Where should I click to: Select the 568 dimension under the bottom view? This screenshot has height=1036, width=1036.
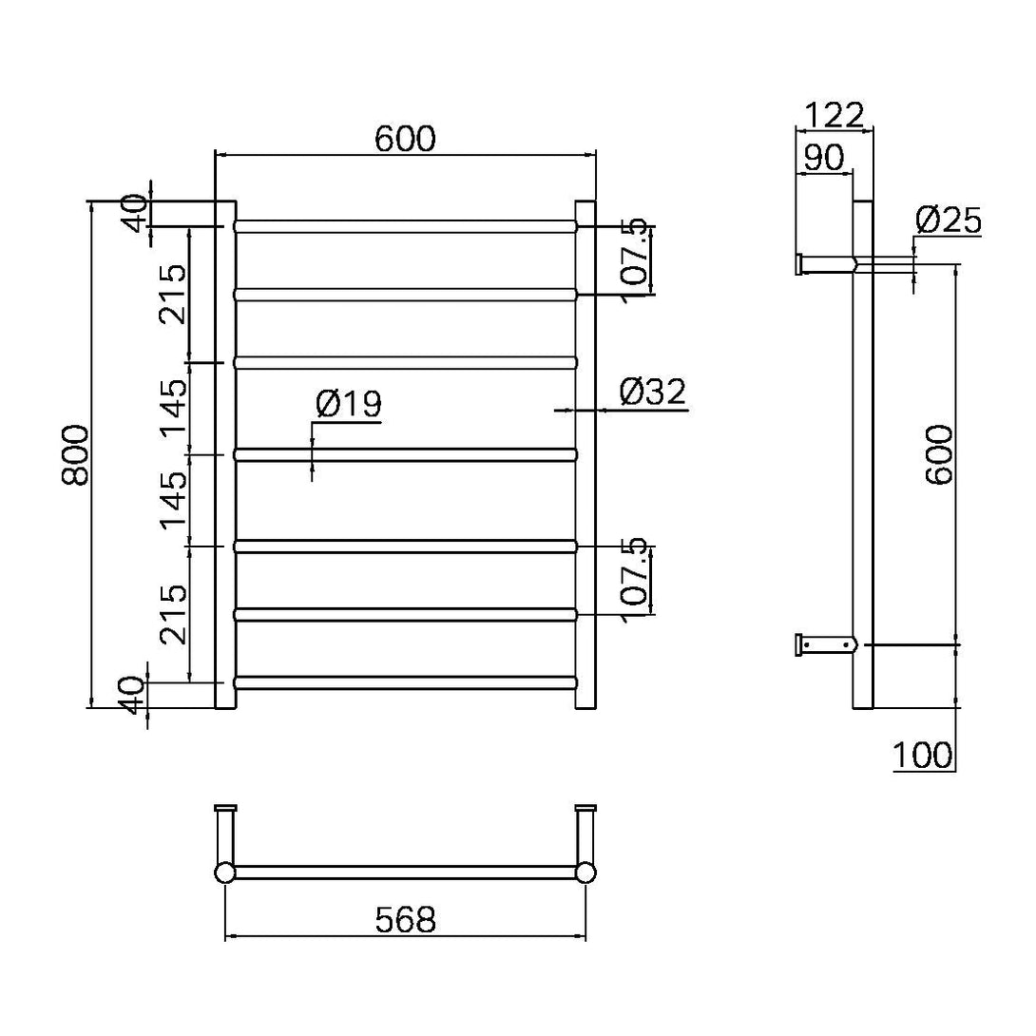click(405, 919)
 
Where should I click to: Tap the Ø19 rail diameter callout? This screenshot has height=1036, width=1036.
click(348, 404)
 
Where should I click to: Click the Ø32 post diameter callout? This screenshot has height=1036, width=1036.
click(652, 392)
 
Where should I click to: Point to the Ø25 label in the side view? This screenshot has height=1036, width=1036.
click(948, 221)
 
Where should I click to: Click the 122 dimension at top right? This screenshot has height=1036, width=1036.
click(834, 115)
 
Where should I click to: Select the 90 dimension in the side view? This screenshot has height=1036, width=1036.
click(823, 158)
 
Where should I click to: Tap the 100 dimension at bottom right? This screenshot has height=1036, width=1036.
click(922, 756)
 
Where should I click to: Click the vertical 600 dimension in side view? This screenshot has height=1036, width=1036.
click(939, 454)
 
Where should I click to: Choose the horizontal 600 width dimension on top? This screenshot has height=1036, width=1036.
click(405, 139)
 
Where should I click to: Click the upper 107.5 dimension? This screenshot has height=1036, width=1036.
click(635, 259)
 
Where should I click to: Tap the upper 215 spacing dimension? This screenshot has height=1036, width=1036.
click(173, 295)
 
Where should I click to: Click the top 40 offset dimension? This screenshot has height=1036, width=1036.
click(135, 213)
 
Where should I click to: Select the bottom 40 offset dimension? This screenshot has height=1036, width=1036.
click(135, 695)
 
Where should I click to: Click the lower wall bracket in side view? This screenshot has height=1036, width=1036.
click(825, 644)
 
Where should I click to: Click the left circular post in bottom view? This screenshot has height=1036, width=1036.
click(224, 873)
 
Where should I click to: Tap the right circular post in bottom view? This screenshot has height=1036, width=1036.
click(586, 873)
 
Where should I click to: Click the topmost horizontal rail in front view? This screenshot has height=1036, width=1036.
click(405, 227)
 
